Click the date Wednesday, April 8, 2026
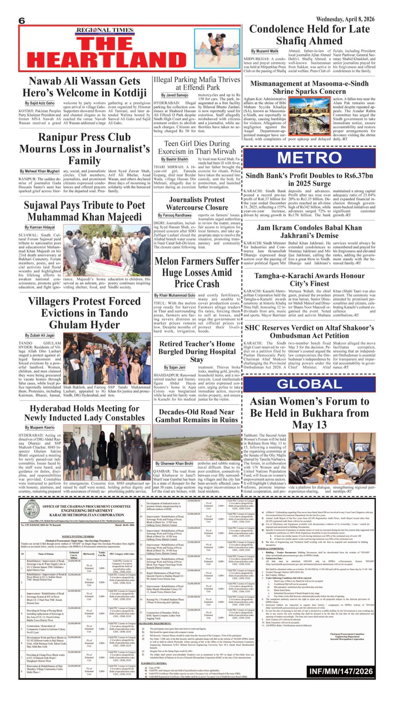click(x=345, y=19)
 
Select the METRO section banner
click(x=309, y=158)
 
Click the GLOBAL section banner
click(x=309, y=384)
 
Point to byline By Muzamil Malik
click(x=267, y=51)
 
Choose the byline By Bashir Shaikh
click(x=175, y=159)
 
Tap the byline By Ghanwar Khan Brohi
click(x=174, y=463)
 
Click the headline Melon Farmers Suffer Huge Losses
click(x=197, y=272)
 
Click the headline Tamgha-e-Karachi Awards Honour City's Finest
click(x=309, y=280)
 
